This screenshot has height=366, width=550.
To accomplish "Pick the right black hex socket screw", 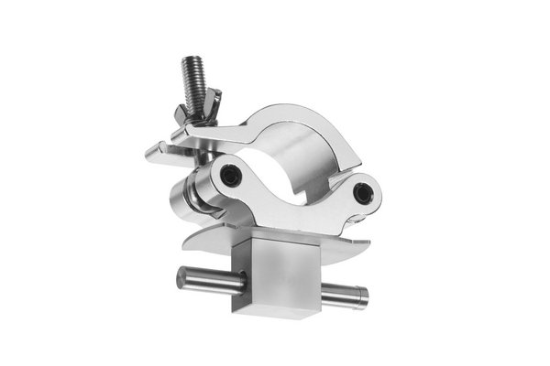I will (365, 191).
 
